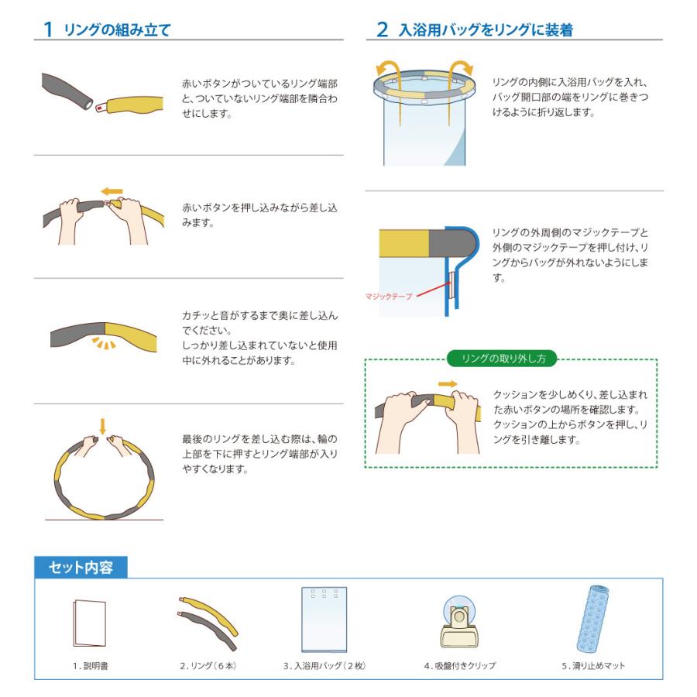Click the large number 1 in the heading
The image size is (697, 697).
click(x=48, y=30)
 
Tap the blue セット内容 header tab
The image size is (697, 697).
click(x=81, y=568)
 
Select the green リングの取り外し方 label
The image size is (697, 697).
click(x=503, y=359)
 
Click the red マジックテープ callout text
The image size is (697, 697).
click(x=389, y=296)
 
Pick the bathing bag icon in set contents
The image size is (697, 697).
click(x=324, y=619)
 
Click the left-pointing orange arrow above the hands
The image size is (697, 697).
click(x=112, y=189)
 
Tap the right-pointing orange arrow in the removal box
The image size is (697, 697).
click(x=448, y=383)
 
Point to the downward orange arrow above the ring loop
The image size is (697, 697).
click(x=102, y=424)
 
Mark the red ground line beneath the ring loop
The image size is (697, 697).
click(x=104, y=519)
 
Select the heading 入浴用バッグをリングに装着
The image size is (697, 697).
click(x=486, y=30)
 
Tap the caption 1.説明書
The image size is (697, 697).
click(x=88, y=666)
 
